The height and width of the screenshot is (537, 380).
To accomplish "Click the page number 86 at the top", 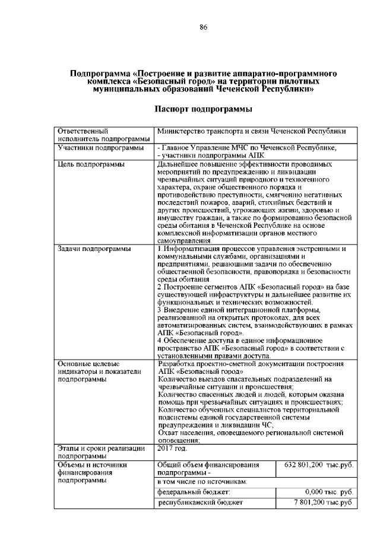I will [203, 27].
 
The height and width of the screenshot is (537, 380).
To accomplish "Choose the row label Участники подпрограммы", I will [100, 147].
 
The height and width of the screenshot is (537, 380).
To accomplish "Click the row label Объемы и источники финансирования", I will [93, 473].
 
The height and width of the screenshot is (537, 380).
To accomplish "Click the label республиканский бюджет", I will [201, 503].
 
